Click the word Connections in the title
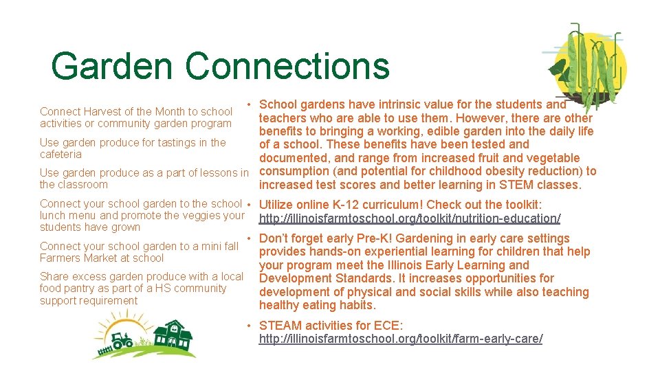click(x=287, y=67)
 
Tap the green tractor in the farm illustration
click(x=123, y=340)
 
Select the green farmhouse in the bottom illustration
click(x=173, y=335)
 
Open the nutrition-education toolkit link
click(x=410, y=218)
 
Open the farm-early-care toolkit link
click(x=400, y=339)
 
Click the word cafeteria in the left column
click(x=60, y=155)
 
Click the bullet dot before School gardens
click(x=252, y=104)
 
